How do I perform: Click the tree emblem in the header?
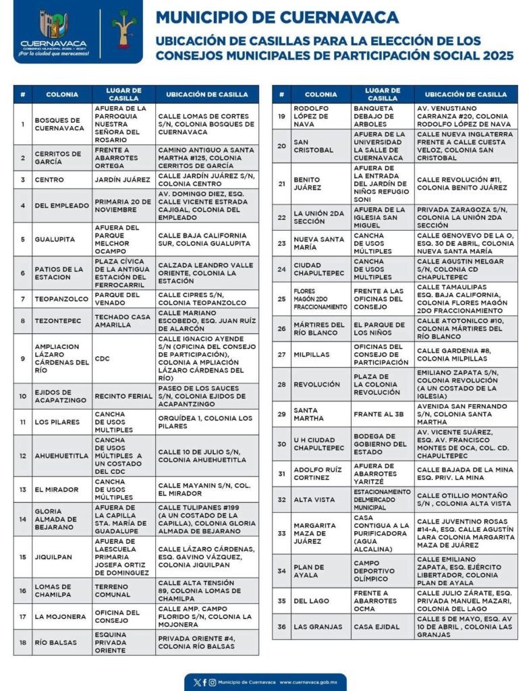point(124,29)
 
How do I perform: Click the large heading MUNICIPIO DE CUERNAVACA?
point(277,17)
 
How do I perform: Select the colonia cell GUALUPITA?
point(57,238)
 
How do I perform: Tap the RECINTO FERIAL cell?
point(123,396)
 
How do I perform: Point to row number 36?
point(281,626)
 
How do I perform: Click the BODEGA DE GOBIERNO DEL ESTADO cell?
point(381,443)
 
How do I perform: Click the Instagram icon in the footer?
point(213,682)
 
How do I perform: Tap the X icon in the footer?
point(196,682)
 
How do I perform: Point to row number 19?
point(281,115)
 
